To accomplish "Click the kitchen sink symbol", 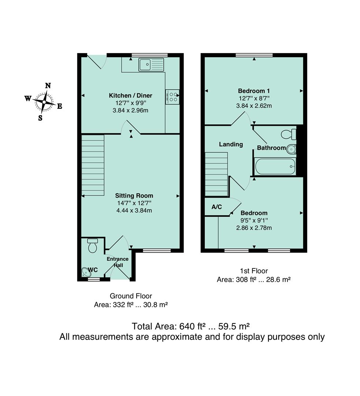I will click(151, 65).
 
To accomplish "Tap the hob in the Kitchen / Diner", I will click(172, 97).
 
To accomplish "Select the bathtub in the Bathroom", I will click(275, 166).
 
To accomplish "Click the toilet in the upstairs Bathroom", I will click(289, 134).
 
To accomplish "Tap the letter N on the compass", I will click(48, 86).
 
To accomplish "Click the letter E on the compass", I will click(59, 106).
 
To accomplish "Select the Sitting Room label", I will click(134, 195).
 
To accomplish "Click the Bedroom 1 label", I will click(254, 91).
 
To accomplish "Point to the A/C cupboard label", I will click(217, 207).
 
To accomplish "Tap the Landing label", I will click(231, 144).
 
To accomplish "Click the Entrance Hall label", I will click(118, 262).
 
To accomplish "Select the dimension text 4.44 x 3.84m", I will click(134, 210).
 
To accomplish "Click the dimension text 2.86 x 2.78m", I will click(254, 228).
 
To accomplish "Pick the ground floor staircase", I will click(93, 165).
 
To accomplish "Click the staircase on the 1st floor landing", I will click(216, 175).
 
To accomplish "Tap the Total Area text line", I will click(191, 326).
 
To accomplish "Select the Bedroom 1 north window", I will click(254, 55).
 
